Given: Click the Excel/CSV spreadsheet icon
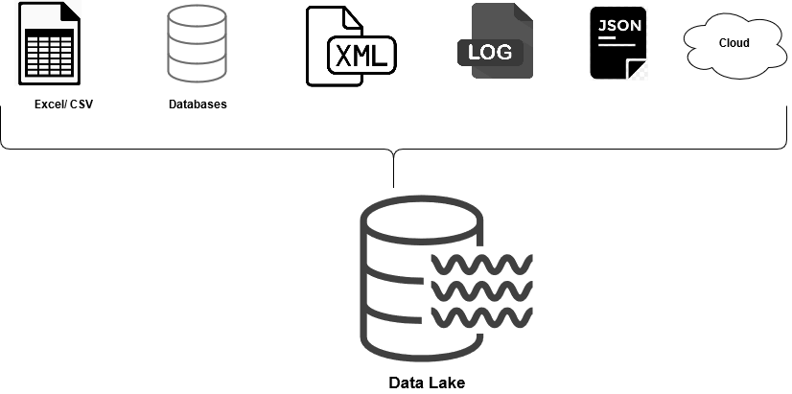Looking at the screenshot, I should tap(48, 44).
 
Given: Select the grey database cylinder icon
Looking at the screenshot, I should tap(197, 43).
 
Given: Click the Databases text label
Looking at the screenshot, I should tap(198, 104).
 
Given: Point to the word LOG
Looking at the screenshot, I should tap(491, 52).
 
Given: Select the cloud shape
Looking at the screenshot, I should tap(734, 43).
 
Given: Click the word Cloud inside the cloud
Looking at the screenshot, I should tap(734, 43).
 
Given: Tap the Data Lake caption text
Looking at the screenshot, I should tap(427, 383).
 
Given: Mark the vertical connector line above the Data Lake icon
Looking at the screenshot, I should tap(394, 171).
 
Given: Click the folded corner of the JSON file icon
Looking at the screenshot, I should tap(638, 69).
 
